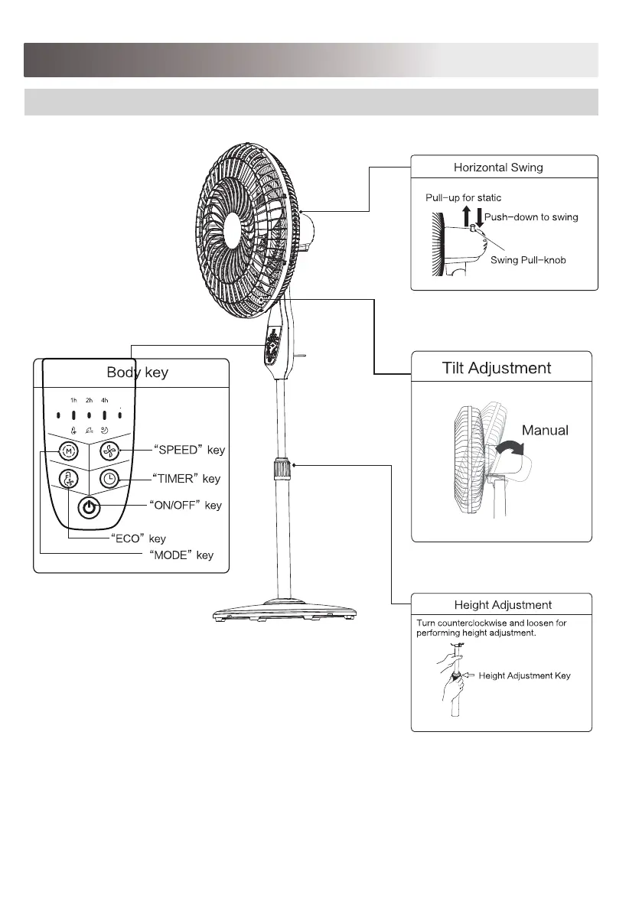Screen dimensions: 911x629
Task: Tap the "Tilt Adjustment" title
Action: click(497, 368)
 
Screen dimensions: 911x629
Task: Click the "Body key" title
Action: click(138, 373)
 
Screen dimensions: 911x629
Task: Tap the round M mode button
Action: click(68, 451)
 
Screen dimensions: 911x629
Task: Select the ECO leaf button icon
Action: click(68, 479)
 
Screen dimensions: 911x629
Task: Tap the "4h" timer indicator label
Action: click(105, 400)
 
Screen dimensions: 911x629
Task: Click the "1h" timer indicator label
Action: click(73, 400)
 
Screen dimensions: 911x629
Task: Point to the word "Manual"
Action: click(545, 431)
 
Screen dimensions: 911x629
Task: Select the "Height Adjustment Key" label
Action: click(524, 675)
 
